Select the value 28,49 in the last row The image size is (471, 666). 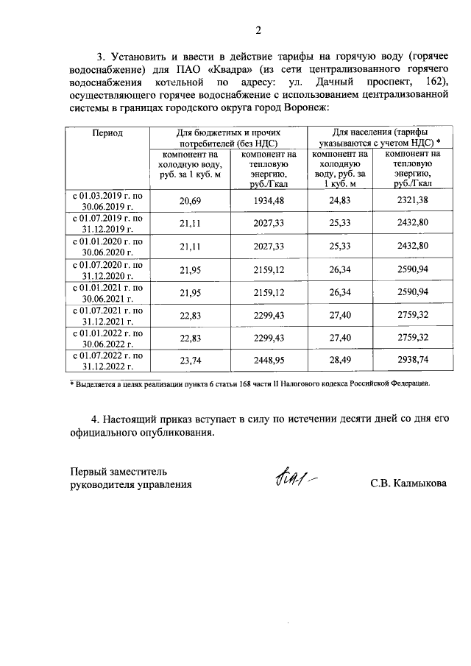341,361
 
